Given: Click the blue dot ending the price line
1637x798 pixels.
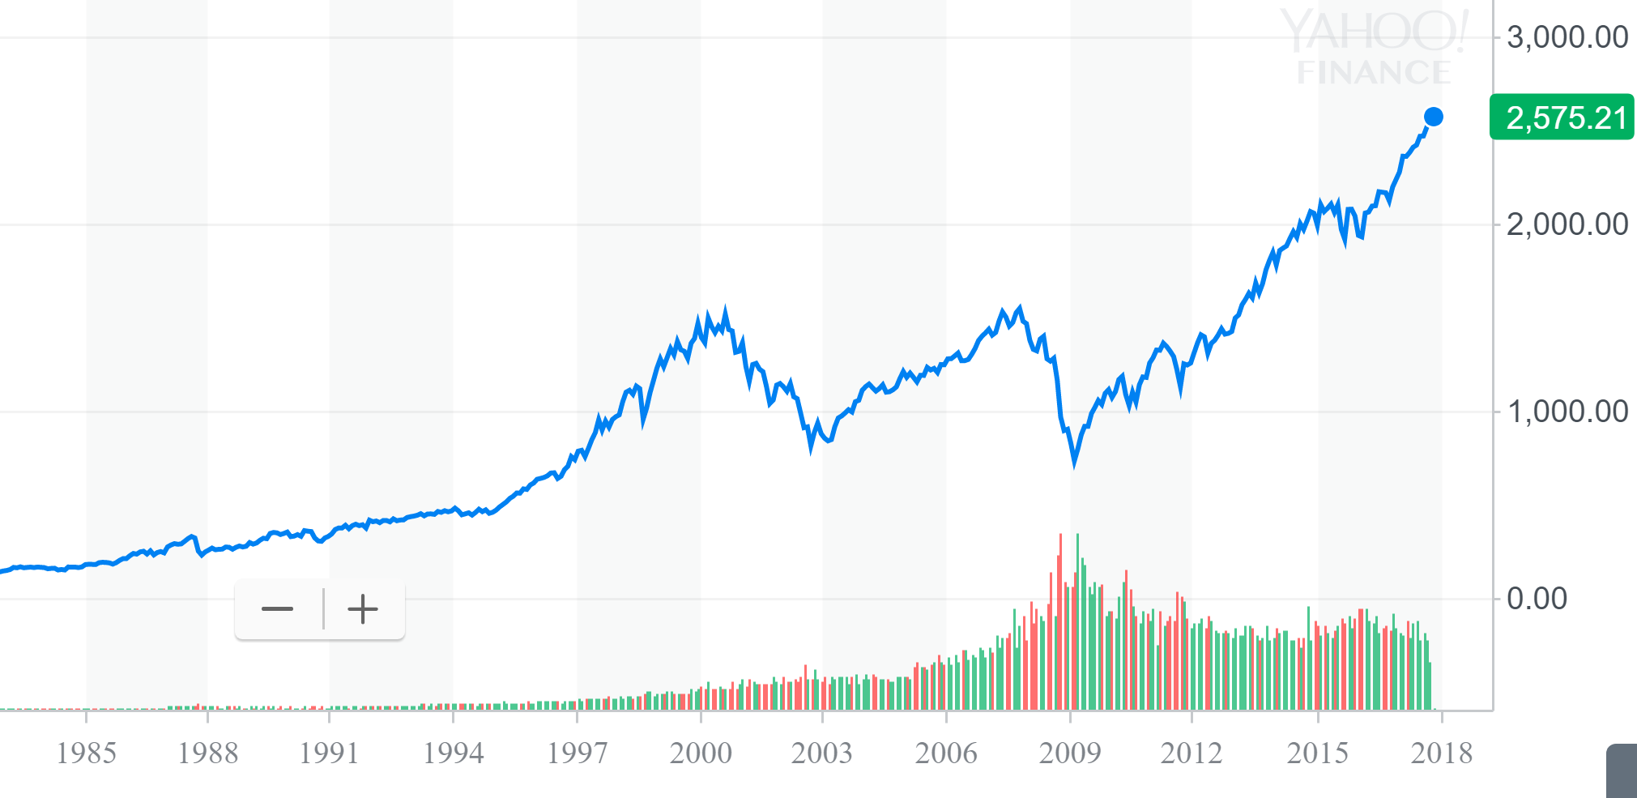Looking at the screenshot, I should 1433,117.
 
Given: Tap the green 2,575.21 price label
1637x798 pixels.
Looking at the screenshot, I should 1562,117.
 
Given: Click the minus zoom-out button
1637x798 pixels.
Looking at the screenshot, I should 277,609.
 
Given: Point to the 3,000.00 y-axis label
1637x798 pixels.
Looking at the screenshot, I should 1567,37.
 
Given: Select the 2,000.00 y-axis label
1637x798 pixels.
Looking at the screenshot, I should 1567,224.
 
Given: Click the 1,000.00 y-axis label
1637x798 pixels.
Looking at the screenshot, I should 1567,412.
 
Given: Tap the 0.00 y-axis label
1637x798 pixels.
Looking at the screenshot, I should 1536,599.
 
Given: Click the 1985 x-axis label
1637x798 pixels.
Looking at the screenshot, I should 86,753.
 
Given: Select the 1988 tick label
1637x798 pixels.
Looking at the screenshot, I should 207,753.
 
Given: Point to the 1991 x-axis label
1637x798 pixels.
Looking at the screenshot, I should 329,753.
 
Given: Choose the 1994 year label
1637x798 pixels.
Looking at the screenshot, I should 453,753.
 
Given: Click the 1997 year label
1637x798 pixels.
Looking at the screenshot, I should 577,753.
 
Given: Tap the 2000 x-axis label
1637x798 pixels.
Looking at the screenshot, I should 701,753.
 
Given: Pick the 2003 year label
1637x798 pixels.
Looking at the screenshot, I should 822,753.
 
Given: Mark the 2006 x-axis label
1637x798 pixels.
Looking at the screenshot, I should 946,753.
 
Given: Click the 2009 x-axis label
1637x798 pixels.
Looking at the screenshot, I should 1070,753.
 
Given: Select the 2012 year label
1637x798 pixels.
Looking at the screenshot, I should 1192,753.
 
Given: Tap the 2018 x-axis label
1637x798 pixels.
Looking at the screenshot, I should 1442,753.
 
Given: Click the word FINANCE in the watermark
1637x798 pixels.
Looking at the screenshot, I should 1374,73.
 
